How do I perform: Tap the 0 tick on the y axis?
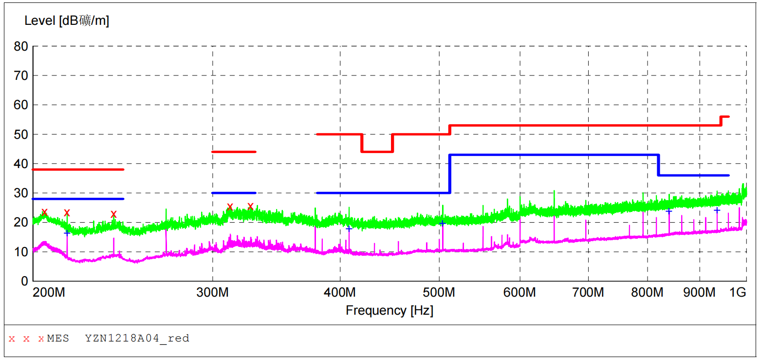point(24,281)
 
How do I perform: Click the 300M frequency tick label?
point(213,293)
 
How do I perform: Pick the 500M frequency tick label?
point(440,293)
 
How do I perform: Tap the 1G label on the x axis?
point(738,293)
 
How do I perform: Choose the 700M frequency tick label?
point(589,293)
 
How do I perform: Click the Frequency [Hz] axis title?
point(389,310)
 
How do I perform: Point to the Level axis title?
point(67,20)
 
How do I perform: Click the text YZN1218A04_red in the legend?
point(137,338)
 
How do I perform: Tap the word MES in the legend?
point(58,338)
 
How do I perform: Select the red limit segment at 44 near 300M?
point(234,152)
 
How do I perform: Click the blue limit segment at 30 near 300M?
point(234,193)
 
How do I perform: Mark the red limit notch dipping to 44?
point(377,152)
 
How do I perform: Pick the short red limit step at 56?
point(724,117)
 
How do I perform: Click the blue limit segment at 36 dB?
point(693,175)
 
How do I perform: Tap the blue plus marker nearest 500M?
point(442,223)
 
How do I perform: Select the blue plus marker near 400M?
point(349,228)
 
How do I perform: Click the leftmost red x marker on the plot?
point(44,212)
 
